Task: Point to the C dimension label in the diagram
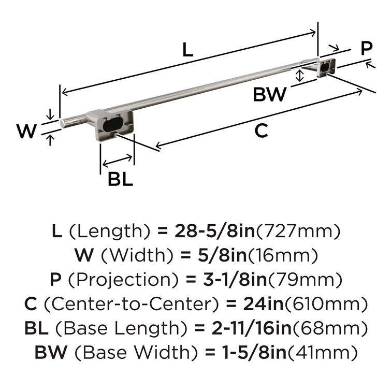(262, 132)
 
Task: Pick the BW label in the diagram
(269, 95)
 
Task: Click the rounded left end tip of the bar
(63, 123)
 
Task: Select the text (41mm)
(322, 353)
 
